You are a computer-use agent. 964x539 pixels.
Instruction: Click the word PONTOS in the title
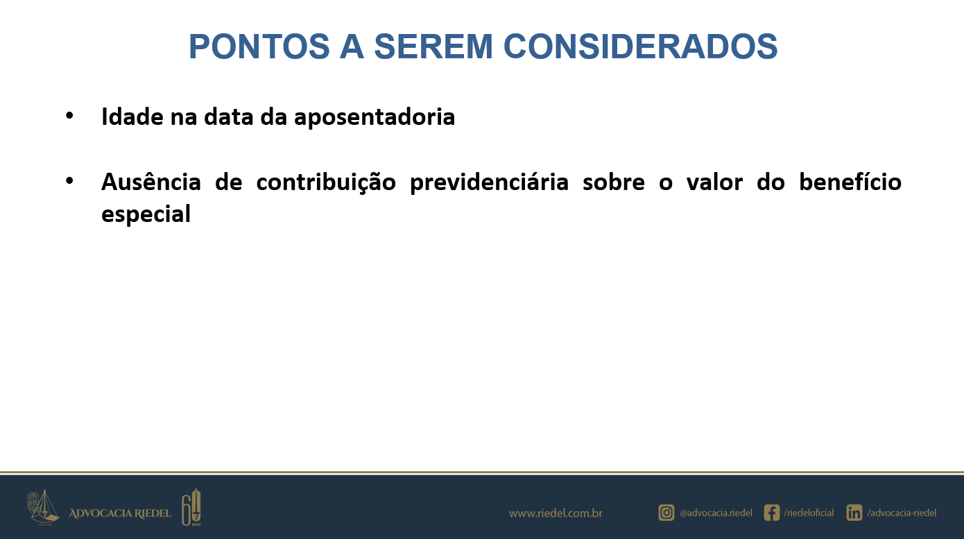click(259, 46)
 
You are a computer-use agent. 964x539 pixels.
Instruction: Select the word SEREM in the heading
click(433, 46)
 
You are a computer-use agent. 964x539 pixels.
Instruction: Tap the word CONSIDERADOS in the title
click(640, 46)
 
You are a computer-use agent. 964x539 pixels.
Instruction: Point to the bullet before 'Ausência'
click(69, 181)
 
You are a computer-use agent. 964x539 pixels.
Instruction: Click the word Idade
click(132, 117)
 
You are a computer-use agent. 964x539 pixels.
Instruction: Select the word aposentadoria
click(375, 117)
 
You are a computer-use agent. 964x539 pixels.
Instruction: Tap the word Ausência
click(151, 182)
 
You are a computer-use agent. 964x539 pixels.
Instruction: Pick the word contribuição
click(326, 182)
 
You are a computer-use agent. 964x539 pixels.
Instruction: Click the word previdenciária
click(490, 182)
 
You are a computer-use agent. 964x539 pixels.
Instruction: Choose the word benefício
click(850, 182)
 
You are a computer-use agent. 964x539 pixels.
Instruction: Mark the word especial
click(146, 214)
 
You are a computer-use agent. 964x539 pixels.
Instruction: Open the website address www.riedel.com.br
click(556, 513)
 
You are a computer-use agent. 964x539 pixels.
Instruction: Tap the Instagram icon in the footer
click(666, 513)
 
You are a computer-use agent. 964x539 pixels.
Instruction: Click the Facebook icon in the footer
click(772, 513)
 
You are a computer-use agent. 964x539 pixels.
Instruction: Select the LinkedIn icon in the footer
click(854, 513)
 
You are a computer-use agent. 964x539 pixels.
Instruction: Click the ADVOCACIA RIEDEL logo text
click(120, 513)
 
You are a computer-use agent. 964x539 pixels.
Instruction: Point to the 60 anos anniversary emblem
click(191, 508)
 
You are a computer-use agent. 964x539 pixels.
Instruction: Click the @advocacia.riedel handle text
click(716, 513)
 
